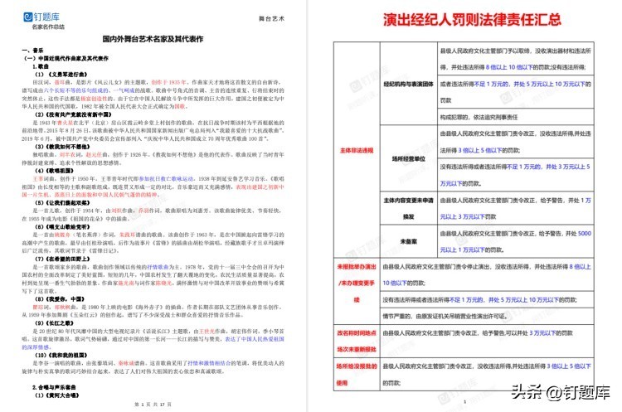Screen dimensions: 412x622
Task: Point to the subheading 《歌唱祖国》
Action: (51, 169)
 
